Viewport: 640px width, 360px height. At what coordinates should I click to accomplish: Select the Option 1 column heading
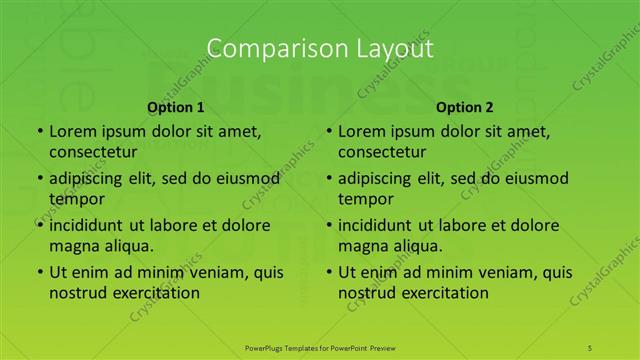(176, 107)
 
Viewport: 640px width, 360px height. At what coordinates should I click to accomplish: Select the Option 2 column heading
(465, 107)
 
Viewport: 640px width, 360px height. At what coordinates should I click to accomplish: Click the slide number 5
(591, 346)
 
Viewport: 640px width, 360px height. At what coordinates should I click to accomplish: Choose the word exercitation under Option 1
(156, 293)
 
